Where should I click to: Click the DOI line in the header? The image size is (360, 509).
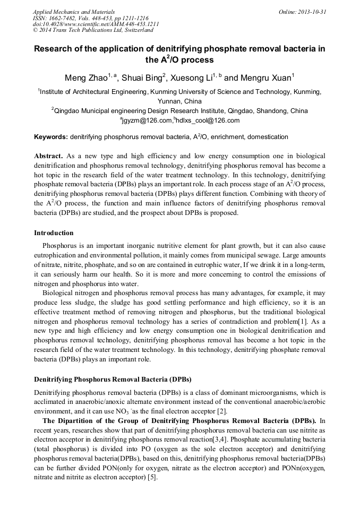(x=96, y=24)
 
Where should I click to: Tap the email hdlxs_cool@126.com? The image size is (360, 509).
(x=208, y=120)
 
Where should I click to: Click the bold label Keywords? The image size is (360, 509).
(x=51, y=137)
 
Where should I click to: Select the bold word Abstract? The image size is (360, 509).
(x=49, y=156)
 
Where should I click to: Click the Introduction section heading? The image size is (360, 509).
(x=54, y=233)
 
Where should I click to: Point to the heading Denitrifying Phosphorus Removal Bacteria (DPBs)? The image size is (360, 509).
(x=113, y=379)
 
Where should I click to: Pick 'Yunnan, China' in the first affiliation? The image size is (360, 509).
(x=180, y=101)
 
